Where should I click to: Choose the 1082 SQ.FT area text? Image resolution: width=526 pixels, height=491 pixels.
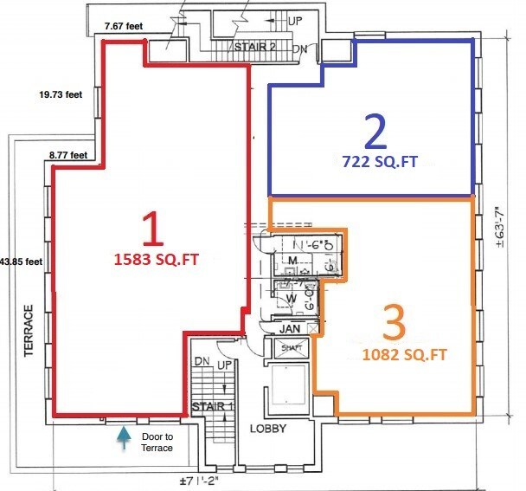pos(393,354)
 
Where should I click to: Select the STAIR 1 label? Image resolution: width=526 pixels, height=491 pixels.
pos(212,406)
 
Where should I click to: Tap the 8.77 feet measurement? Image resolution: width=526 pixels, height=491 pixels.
pos(67,156)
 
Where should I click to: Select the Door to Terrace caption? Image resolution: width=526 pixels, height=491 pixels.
pos(157,442)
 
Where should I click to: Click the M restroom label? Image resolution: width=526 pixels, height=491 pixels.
pos(292,261)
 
